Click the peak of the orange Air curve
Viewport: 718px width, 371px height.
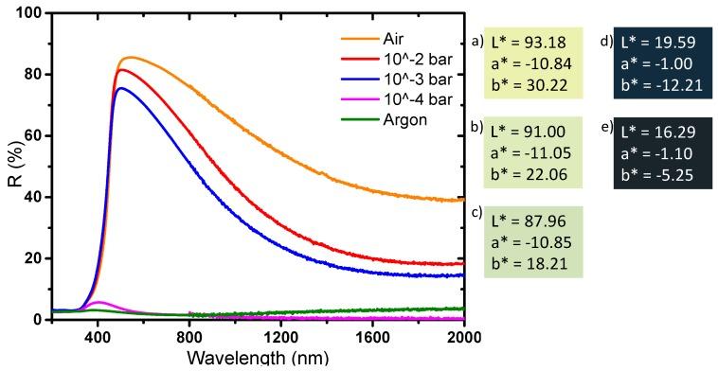coord(130,58)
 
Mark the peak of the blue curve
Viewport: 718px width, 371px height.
coord(120,88)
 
